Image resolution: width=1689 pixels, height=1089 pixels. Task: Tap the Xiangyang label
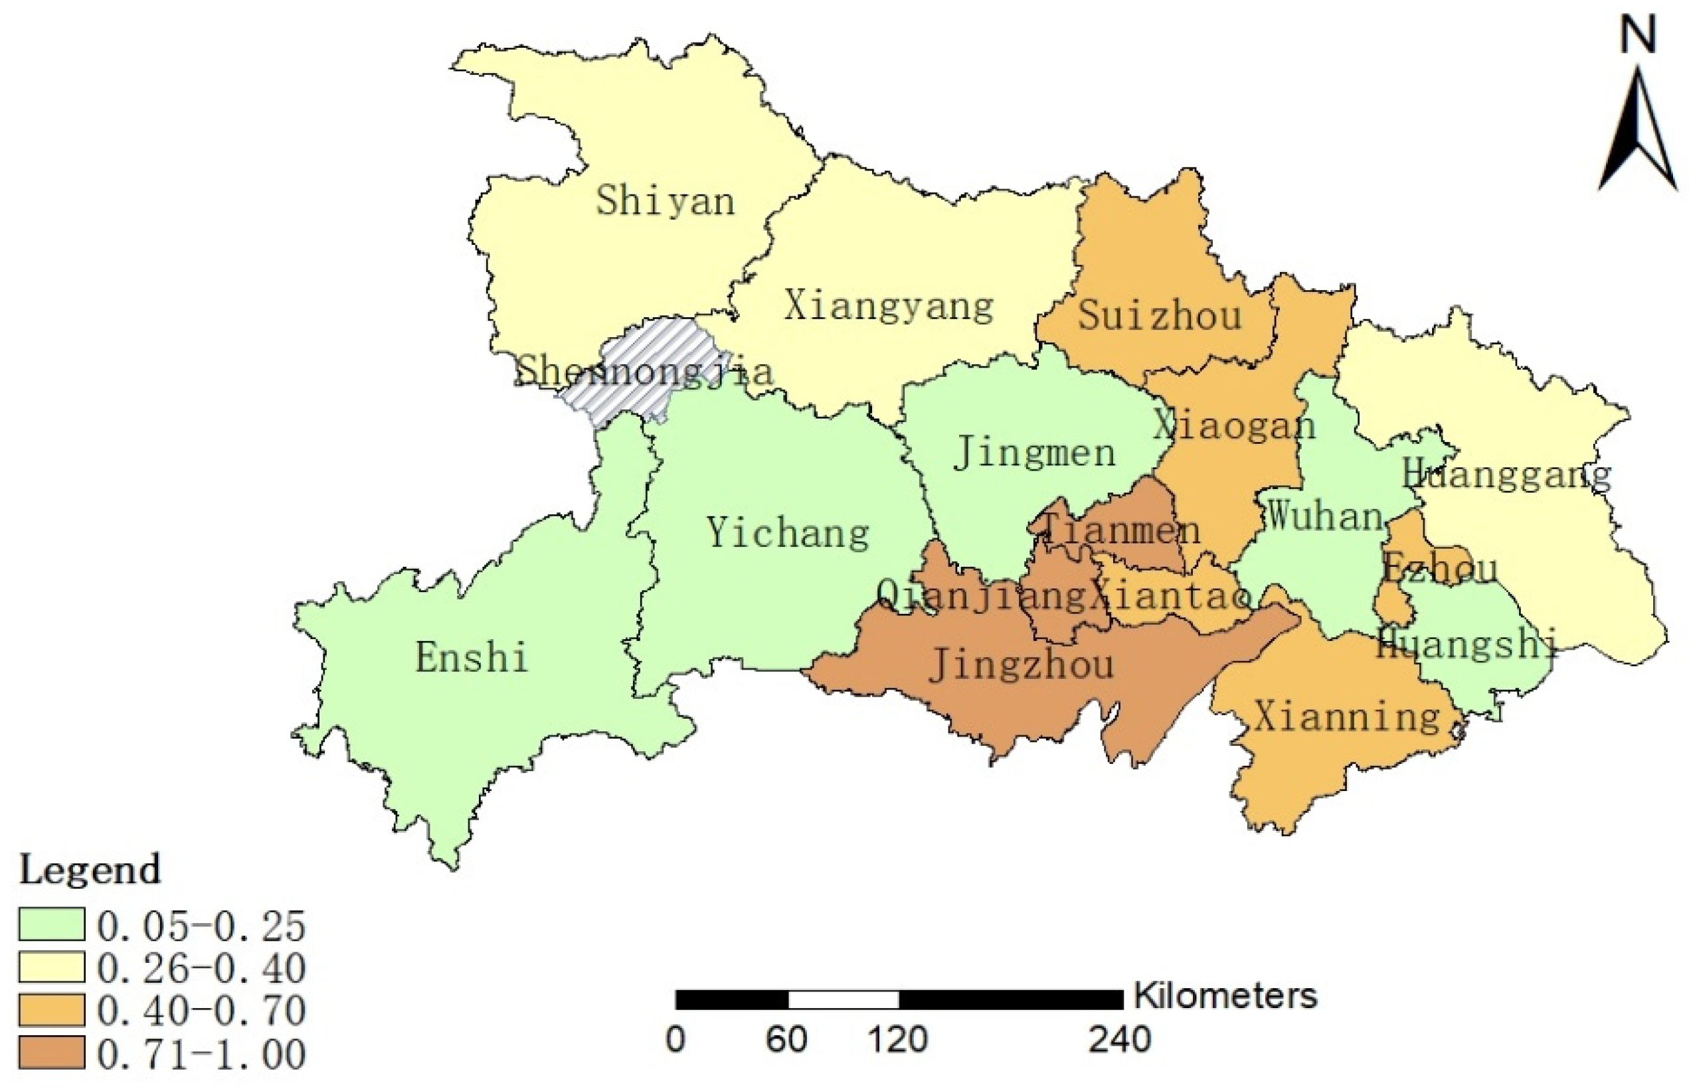click(x=888, y=306)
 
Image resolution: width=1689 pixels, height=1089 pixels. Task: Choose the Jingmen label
click(x=1035, y=453)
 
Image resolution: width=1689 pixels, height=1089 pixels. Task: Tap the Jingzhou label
click(x=1020, y=665)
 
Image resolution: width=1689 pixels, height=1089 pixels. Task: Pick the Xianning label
click(x=1347, y=717)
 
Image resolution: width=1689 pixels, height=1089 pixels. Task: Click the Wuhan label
click(x=1324, y=516)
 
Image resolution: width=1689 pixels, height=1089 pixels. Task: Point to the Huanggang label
click(x=1506, y=474)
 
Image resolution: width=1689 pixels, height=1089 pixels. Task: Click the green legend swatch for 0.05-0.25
click(x=52, y=924)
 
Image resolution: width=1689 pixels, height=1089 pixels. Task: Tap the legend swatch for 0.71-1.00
click(x=52, y=1054)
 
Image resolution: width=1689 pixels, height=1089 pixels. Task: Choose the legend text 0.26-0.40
click(x=202, y=968)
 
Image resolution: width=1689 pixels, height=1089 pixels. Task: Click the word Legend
click(x=90, y=870)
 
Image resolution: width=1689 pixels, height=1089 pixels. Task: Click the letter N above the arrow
click(x=1637, y=35)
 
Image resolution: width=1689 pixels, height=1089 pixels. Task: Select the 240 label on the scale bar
click(x=1119, y=1040)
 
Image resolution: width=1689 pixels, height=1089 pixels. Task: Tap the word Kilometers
click(x=1225, y=995)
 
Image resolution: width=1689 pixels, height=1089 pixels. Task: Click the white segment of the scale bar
click(x=844, y=999)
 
